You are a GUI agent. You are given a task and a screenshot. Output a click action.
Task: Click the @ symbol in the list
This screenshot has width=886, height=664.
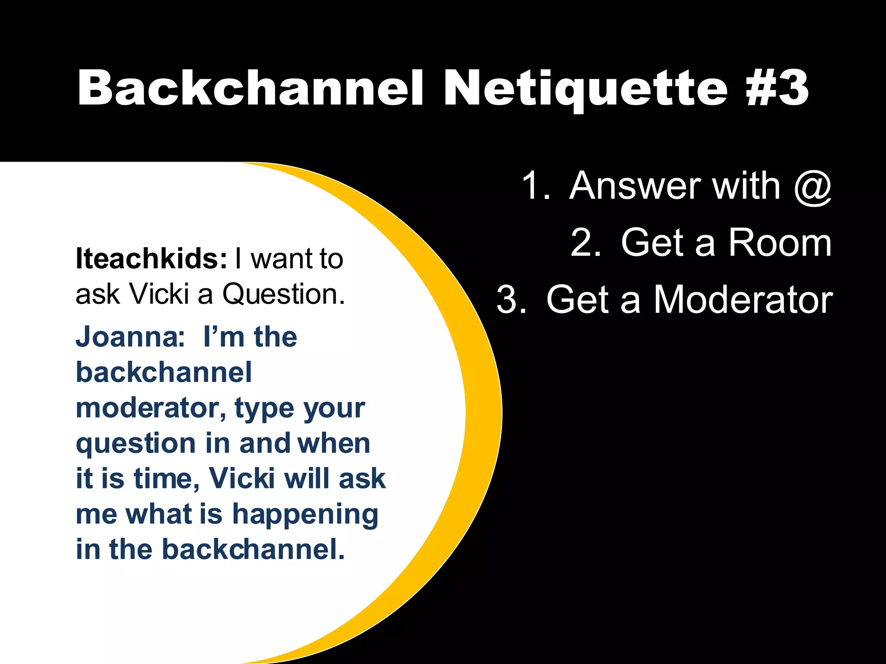pyautogui.click(x=813, y=186)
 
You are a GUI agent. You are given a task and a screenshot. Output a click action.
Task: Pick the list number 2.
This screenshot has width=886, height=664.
pyautogui.click(x=585, y=243)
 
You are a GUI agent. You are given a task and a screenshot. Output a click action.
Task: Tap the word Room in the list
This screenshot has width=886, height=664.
pyautogui.click(x=780, y=243)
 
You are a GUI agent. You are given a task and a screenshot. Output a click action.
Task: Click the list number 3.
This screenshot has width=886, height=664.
pyautogui.click(x=511, y=300)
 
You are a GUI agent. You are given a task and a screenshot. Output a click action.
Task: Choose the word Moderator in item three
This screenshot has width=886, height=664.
pyautogui.click(x=743, y=300)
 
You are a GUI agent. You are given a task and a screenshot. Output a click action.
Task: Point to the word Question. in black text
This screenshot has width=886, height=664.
pyautogui.click(x=283, y=294)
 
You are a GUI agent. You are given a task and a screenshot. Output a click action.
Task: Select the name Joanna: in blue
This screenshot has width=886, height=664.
pyautogui.click(x=130, y=337)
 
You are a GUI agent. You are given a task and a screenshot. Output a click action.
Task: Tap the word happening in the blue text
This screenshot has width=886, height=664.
pyautogui.click(x=305, y=514)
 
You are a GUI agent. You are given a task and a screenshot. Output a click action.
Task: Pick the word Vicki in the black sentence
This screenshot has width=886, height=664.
pyautogui.click(x=159, y=294)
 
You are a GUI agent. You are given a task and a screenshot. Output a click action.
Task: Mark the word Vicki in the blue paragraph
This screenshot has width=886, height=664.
pyautogui.click(x=242, y=479)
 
